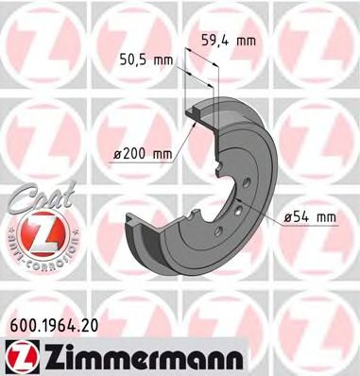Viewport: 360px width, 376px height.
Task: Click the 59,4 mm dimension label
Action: [230, 40]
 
